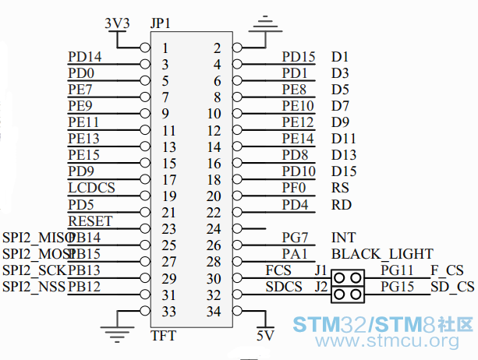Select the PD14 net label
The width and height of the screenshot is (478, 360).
click(84, 57)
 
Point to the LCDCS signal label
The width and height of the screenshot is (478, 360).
click(91, 188)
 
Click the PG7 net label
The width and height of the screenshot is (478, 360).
click(295, 238)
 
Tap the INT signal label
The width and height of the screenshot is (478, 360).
click(343, 238)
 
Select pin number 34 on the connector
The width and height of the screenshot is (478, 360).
click(214, 311)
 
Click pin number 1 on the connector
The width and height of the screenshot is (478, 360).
click(165, 48)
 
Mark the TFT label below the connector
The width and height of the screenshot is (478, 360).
click(162, 336)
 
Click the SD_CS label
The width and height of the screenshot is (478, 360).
click(452, 287)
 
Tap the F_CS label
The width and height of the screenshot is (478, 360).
click(447, 270)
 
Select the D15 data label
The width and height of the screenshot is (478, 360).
click(344, 171)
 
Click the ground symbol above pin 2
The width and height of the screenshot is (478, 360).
click(267, 23)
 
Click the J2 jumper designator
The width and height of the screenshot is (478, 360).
click(320, 286)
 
